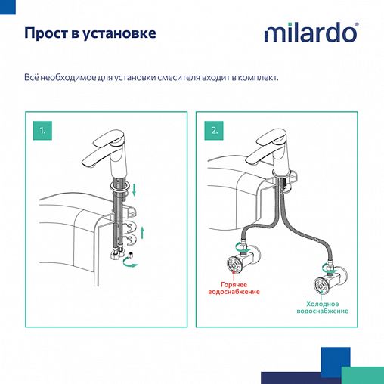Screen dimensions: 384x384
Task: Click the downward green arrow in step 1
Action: tap(135, 188)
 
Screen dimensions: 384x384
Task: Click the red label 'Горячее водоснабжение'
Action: tap(240, 288)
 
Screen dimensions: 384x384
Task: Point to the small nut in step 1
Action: tap(128, 240)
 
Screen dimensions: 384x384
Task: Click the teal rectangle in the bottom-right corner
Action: tap(362, 376)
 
